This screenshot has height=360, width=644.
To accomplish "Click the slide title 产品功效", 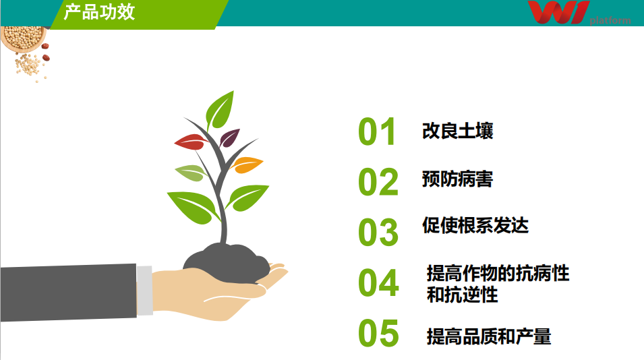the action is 99,12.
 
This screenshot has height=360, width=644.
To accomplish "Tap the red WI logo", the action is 558,12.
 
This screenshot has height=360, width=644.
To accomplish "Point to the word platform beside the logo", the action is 610,20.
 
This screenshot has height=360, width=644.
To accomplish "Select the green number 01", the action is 377,131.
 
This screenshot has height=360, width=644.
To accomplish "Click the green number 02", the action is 378,182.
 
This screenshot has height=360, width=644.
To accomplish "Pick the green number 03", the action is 378,233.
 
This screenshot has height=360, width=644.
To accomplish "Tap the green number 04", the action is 378,282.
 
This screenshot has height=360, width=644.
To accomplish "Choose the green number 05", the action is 378,333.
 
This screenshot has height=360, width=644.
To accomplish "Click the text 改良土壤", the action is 457,131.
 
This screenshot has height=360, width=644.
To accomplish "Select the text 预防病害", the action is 457,179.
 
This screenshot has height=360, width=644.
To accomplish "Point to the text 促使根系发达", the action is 475,225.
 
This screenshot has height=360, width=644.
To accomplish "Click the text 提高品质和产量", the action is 489,336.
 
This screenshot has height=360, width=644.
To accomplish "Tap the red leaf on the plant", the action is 191,142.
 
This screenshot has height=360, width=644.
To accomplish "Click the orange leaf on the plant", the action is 247,165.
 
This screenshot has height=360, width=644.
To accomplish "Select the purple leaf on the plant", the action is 229,138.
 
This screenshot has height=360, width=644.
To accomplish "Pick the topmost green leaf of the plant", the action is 220,110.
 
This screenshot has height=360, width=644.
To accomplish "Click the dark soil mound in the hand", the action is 227,263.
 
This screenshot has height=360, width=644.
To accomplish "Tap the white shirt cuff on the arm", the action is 144,291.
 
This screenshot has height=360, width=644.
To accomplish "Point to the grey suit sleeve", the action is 68,293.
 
